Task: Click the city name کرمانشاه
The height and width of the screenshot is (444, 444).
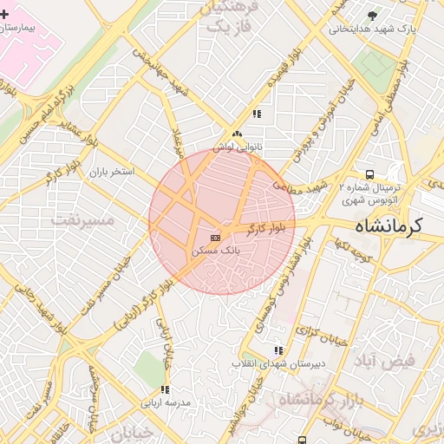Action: [387, 227]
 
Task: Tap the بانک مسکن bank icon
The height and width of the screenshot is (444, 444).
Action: [215, 237]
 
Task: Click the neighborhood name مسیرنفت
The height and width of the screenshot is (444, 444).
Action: [82, 219]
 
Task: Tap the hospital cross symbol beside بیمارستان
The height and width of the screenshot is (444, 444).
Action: [5, 15]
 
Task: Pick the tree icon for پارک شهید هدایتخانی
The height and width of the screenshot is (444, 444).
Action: [373, 15]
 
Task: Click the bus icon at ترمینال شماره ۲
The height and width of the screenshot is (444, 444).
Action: [370, 173]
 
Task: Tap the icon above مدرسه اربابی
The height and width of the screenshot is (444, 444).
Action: [165, 389]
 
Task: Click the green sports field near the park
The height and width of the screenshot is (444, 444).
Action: [375, 63]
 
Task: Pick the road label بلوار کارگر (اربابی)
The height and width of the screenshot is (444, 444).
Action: [147, 300]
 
